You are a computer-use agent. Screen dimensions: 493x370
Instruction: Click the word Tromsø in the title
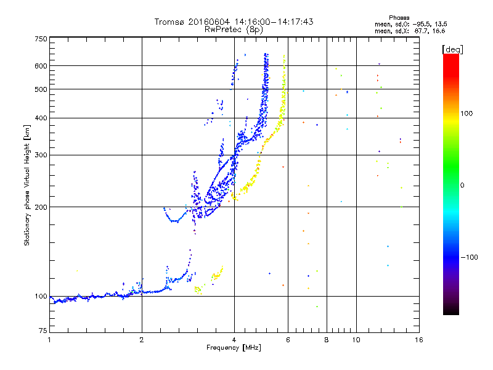tap(170, 22)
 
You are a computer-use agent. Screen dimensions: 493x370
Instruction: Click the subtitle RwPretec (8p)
tap(234, 30)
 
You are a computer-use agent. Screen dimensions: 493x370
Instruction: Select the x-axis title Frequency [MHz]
tap(234, 348)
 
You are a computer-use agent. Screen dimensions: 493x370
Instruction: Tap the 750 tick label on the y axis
tap(41, 39)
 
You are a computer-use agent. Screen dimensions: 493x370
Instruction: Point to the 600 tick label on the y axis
tap(41, 66)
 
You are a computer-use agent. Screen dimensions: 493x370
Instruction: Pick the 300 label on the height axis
tap(41, 155)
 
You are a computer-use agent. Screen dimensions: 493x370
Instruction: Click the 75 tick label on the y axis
tap(43, 331)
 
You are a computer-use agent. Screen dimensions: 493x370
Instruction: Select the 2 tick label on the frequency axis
tap(142, 340)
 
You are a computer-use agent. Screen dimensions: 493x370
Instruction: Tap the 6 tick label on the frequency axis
tap(288, 340)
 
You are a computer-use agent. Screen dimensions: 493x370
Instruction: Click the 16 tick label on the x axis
tap(419, 340)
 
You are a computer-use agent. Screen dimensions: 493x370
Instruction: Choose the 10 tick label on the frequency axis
tap(356, 340)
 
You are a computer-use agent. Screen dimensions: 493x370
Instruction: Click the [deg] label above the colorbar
tap(452, 49)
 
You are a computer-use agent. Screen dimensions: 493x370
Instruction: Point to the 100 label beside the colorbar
tap(467, 113)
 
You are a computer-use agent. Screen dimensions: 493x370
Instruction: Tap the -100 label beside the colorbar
tap(469, 257)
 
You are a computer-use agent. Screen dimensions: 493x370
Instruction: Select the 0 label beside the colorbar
tap(462, 186)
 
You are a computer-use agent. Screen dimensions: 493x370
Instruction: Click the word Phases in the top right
tap(399, 18)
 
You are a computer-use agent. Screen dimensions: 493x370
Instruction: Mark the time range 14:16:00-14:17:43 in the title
tap(274, 22)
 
